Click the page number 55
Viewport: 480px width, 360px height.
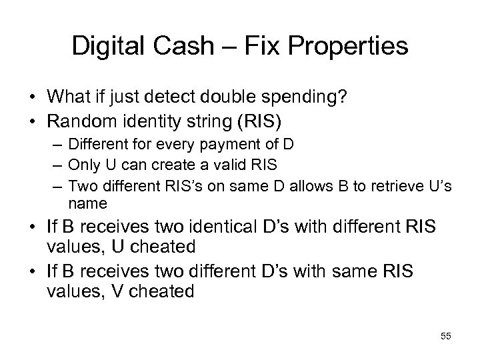[445, 337]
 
